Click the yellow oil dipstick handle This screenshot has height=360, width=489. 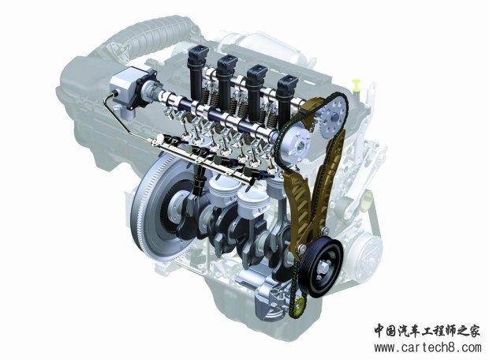coord(356,84)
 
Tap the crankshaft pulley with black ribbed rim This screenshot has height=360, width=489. coord(321,268)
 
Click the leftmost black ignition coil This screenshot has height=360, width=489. coord(198,71)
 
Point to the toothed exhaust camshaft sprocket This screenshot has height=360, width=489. coord(334,116)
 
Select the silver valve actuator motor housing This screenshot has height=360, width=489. coord(125,87)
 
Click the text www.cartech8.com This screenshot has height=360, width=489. coord(427,347)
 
